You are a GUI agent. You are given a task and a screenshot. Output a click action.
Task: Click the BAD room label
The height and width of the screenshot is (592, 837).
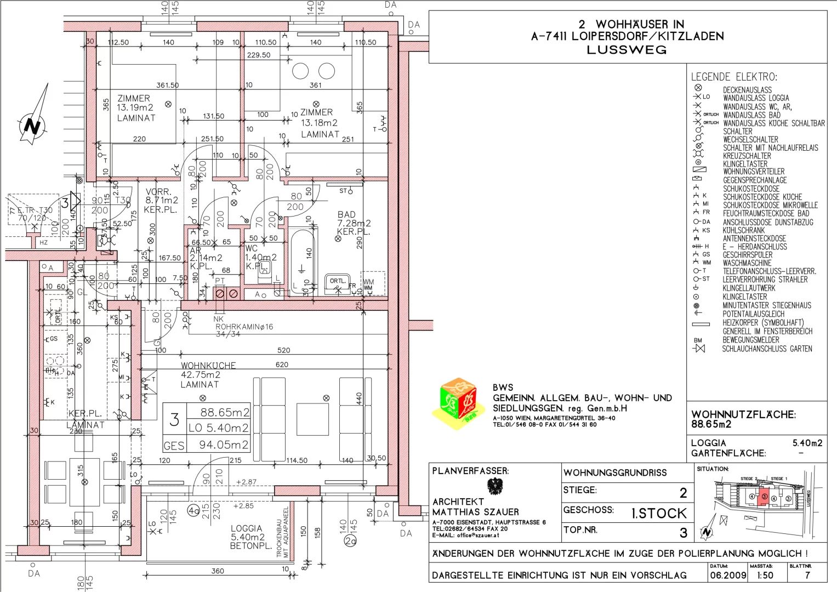point(346,215)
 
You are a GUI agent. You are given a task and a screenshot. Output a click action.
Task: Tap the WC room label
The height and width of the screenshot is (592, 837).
point(251,248)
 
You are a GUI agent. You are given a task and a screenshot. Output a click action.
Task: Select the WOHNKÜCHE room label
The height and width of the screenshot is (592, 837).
point(208,366)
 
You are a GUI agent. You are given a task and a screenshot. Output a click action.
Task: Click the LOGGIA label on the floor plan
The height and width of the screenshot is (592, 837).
point(247,528)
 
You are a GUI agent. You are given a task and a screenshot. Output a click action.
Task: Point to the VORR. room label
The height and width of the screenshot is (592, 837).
point(158,192)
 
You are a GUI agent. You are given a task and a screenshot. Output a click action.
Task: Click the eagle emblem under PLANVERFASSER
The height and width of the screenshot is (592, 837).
point(495,486)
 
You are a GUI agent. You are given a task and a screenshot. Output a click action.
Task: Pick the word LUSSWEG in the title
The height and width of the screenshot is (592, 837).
point(627,50)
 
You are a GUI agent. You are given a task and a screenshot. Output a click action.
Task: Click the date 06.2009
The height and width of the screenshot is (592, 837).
point(728,576)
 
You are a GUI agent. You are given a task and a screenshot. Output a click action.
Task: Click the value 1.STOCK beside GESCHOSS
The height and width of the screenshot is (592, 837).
point(659,514)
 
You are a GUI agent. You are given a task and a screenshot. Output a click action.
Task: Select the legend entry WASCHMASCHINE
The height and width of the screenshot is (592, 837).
point(747,263)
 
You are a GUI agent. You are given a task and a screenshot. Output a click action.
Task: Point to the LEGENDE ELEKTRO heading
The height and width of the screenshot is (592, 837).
point(733,77)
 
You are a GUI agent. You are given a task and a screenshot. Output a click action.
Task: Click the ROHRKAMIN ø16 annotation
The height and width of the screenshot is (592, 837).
point(244,327)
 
